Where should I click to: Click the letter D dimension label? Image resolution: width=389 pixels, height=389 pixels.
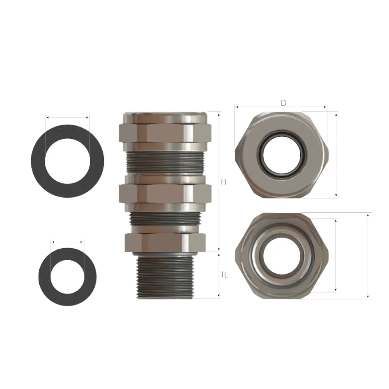284,103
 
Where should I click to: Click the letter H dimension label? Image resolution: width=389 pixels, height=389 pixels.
224,182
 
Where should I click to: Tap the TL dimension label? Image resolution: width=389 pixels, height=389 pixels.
224,275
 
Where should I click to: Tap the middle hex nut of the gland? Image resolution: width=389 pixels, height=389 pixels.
165,194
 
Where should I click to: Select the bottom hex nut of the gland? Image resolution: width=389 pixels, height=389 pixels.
165,242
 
